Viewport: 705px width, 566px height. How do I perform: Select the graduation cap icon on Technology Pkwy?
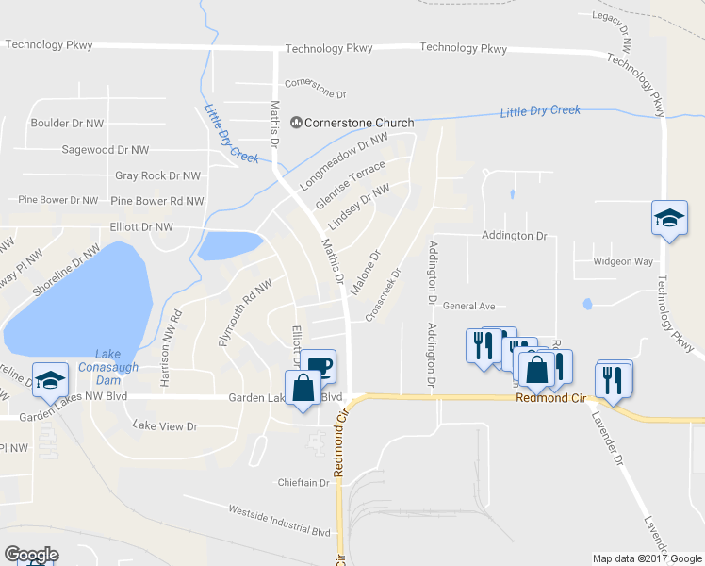point(668,219)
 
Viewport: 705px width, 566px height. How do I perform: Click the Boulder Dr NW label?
point(67,123)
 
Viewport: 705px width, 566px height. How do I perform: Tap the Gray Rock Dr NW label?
point(157,175)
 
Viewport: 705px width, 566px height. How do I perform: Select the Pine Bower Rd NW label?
point(156,201)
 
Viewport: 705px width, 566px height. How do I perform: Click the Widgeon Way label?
point(623,261)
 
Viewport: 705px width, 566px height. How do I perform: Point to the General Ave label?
point(468,306)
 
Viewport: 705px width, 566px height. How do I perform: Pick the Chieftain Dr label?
point(303,482)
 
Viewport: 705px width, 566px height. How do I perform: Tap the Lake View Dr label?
point(165,426)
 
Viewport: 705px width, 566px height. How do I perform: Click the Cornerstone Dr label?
point(316,95)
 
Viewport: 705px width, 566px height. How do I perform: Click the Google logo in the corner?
point(31,555)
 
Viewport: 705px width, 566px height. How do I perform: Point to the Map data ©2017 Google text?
point(646,558)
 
